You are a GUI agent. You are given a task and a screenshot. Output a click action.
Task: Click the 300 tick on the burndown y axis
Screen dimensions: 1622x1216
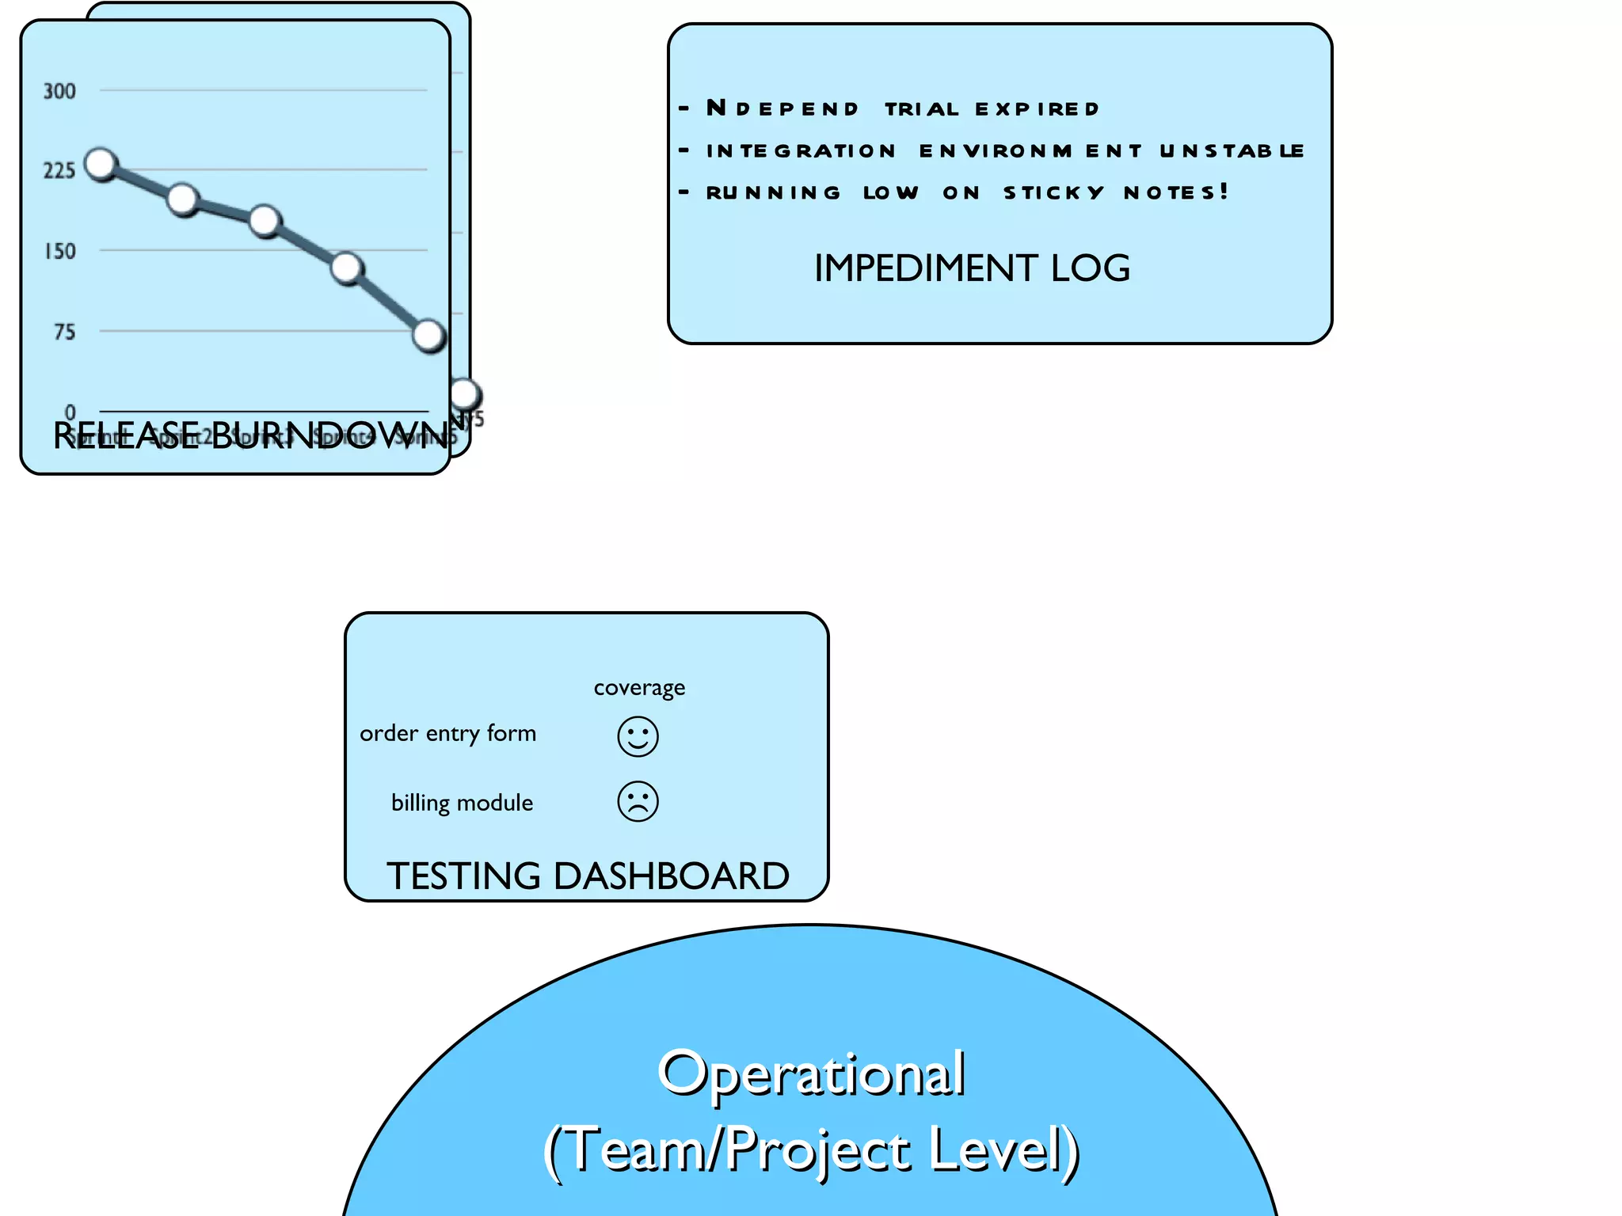(59, 91)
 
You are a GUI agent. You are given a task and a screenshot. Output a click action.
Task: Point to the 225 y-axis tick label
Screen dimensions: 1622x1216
(59, 170)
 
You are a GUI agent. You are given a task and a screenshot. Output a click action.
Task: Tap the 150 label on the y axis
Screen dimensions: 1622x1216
(60, 251)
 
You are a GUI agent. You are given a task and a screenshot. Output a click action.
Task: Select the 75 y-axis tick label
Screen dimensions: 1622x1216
(65, 332)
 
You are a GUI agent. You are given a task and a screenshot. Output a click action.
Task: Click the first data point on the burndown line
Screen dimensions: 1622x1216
(101, 164)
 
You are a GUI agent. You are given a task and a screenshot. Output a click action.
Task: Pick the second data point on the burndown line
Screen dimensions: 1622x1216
(183, 199)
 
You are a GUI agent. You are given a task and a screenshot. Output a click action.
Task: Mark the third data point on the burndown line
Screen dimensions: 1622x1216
(265, 221)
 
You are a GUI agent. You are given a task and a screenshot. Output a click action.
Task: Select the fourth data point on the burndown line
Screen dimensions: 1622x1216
(347, 268)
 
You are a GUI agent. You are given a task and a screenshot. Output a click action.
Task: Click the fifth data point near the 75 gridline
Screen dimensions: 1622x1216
(429, 336)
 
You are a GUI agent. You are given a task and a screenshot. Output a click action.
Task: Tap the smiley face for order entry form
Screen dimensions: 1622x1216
(638, 737)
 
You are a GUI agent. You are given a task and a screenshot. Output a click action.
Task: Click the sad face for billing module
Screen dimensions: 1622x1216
(638, 801)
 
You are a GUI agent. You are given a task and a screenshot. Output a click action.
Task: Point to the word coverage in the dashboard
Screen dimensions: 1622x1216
(639, 687)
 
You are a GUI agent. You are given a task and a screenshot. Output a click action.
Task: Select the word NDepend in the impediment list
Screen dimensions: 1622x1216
(782, 108)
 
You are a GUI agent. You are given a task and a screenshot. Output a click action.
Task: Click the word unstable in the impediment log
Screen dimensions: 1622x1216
(1232, 150)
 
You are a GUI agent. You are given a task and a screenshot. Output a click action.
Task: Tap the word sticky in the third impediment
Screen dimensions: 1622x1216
(1053, 192)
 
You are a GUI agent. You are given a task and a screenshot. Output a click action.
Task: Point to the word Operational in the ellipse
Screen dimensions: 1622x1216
(811, 1074)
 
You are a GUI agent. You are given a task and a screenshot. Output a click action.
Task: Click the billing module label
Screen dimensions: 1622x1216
(462, 803)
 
